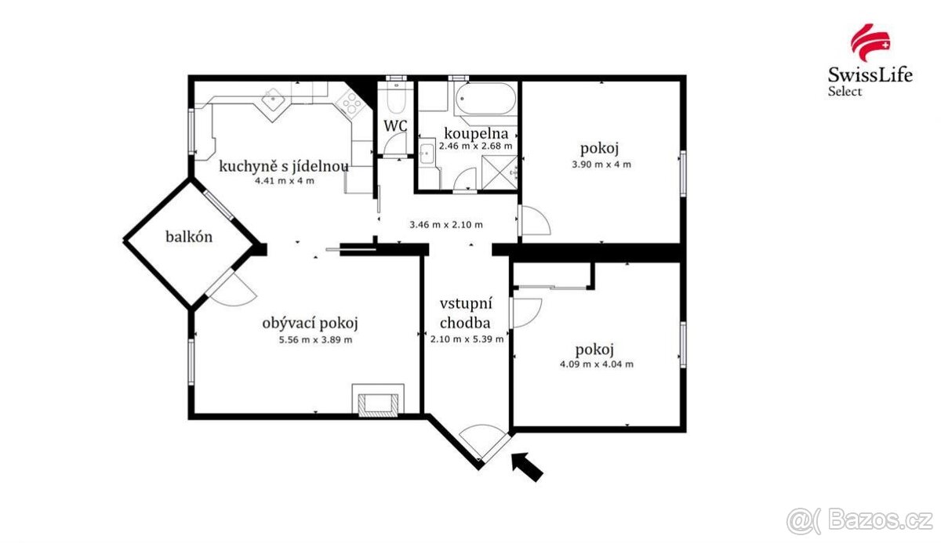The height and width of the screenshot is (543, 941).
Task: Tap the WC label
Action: [x=394, y=125]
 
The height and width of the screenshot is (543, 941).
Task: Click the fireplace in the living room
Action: [x=378, y=401]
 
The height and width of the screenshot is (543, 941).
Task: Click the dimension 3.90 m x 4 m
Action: [x=600, y=165]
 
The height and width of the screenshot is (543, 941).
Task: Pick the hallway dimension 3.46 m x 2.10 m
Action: [x=446, y=225]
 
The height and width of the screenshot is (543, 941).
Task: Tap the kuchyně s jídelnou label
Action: [x=284, y=166]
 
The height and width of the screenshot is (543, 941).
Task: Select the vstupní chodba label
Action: [x=465, y=313]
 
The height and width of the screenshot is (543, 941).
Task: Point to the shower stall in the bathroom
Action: [x=500, y=168]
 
